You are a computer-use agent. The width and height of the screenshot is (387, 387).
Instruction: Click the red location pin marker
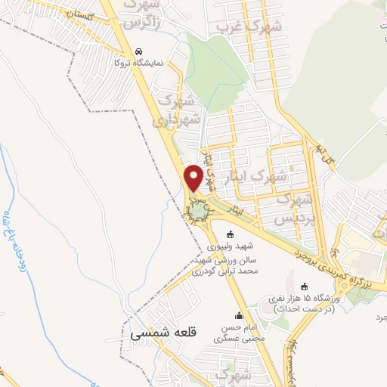[194, 178]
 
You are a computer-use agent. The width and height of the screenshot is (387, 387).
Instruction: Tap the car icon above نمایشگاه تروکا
[138, 52]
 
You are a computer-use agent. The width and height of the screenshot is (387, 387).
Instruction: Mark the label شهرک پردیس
[294, 208]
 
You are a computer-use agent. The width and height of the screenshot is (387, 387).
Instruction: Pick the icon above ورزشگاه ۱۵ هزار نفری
[305, 287]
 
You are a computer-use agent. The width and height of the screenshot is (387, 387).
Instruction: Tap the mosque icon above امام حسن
[240, 317]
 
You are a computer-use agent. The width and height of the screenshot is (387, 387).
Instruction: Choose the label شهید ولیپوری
[231, 246]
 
